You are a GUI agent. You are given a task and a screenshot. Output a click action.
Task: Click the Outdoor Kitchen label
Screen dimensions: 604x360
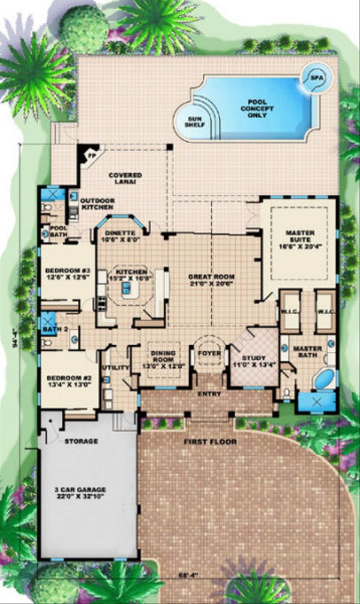[x=97, y=204]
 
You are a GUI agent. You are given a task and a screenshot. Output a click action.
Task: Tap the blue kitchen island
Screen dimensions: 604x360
[x=127, y=290]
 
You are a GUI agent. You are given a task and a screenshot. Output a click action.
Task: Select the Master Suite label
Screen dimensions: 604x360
[x=299, y=235]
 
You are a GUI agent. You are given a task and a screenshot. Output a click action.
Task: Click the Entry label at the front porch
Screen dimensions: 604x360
[x=208, y=394]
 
